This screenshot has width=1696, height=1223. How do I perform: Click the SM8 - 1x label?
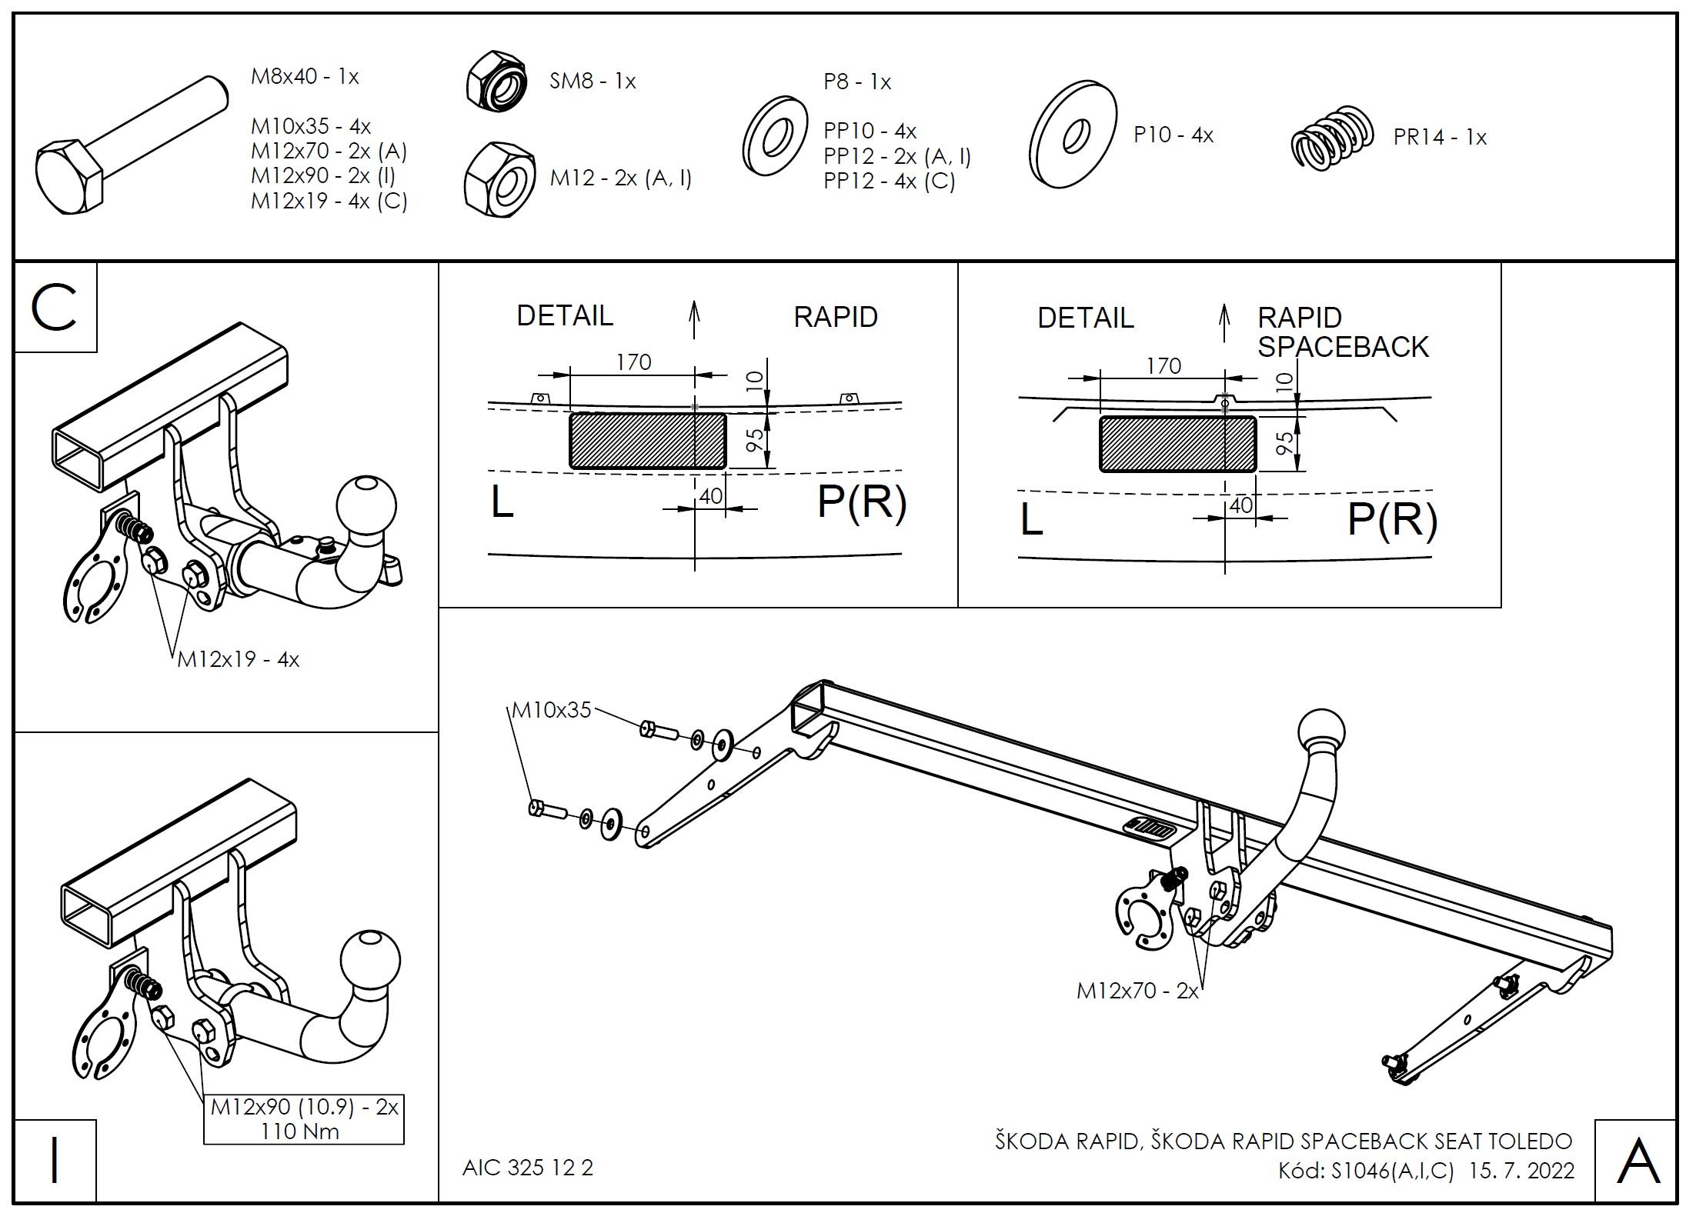point(593,81)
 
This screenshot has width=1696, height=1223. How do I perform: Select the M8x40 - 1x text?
point(305,76)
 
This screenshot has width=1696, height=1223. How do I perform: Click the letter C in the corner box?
point(55,308)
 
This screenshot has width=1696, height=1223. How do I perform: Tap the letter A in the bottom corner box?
point(1638,1162)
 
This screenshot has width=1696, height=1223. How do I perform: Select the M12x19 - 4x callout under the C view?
point(238,659)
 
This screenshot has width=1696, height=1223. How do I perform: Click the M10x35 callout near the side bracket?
point(551,709)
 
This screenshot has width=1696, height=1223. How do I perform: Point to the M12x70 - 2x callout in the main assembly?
point(1137,991)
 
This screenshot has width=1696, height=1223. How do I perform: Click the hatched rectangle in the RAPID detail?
point(647,441)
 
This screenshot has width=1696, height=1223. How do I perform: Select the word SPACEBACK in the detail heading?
point(1343,347)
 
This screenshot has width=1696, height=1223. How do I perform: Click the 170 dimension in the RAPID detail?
point(633,362)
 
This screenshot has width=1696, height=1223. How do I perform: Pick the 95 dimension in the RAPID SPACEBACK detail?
point(1284,444)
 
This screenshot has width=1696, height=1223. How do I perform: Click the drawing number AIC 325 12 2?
point(528,1168)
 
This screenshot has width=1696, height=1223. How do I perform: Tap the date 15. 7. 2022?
point(1521,1171)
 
